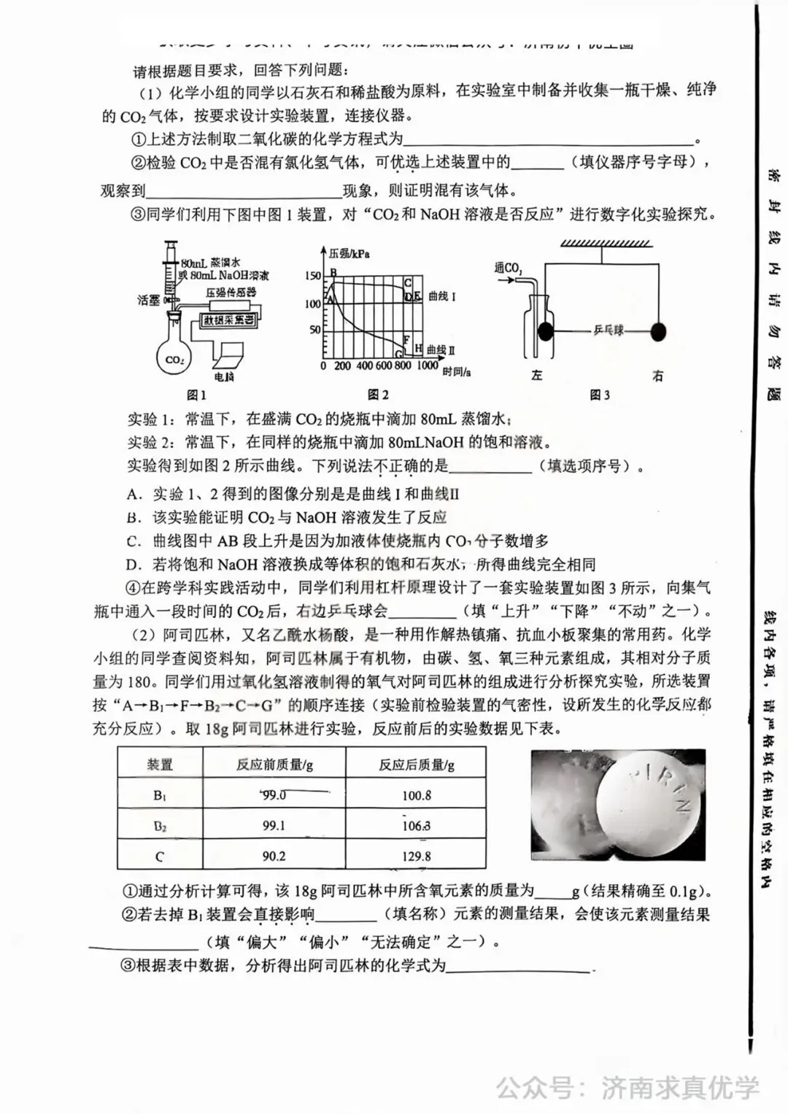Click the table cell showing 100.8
(x=417, y=795)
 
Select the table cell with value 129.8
(x=417, y=856)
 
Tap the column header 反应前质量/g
(x=274, y=764)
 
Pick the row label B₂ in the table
(x=160, y=826)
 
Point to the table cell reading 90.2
(x=274, y=856)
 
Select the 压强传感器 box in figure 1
(x=231, y=292)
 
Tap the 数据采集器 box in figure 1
(x=228, y=320)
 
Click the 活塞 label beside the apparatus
(x=148, y=300)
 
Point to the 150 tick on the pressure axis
(x=312, y=276)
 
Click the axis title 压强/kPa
(x=349, y=253)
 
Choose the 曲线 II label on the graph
(x=441, y=350)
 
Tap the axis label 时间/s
(x=457, y=371)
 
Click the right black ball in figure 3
(x=657, y=332)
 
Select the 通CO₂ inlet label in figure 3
(x=508, y=270)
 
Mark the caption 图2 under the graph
(x=378, y=395)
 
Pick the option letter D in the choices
(x=132, y=564)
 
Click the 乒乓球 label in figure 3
(x=608, y=330)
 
